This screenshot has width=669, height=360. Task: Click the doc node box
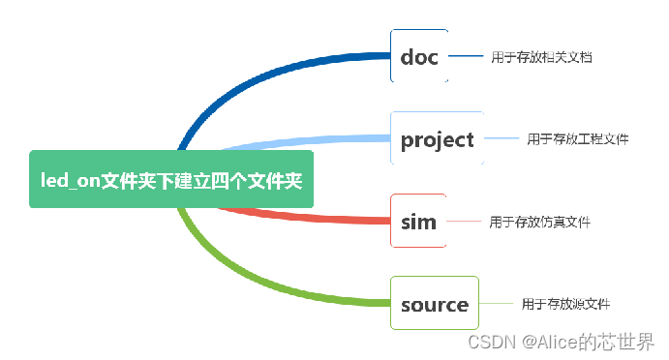[419, 56]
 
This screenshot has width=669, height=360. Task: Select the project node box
[437, 139]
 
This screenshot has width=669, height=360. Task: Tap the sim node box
[418, 221]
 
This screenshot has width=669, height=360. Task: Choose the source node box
[434, 304]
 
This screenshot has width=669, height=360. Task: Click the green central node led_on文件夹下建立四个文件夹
[171, 179]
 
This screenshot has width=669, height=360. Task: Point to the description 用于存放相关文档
[540, 57]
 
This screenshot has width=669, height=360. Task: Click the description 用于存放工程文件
[578, 139]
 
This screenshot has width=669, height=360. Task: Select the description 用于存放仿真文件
[539, 222]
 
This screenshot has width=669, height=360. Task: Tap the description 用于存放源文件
[565, 304]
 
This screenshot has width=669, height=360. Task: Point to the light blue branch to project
[310, 142]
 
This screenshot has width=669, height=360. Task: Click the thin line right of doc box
[466, 56]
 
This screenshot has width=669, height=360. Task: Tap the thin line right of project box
[502, 139]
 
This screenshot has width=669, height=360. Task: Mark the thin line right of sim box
[464, 221]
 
